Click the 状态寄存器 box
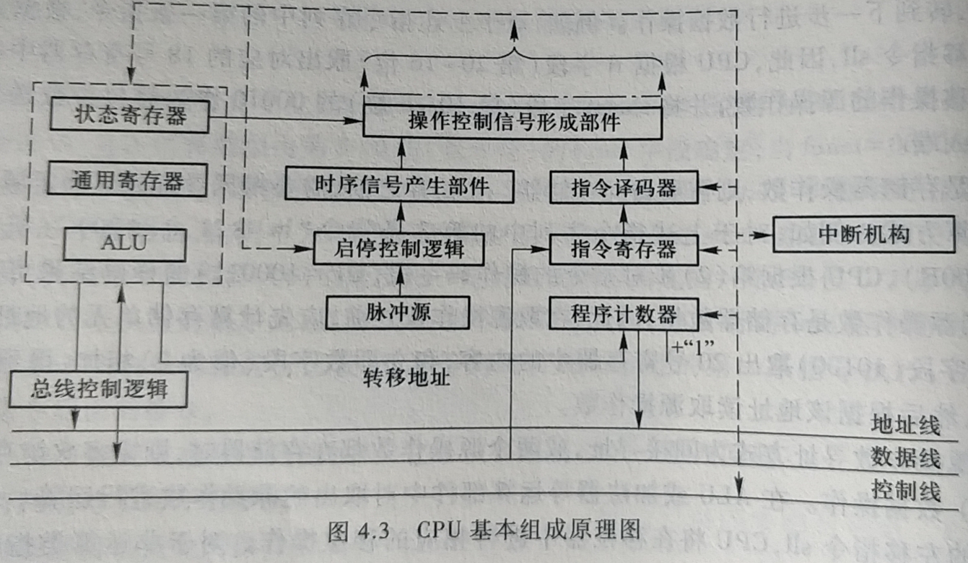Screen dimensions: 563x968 130,116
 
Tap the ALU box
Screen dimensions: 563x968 125,243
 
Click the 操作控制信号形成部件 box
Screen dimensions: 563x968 512,122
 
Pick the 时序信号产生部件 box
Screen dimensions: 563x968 398,186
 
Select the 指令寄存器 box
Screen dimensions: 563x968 624,249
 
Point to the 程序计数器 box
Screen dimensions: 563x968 624,313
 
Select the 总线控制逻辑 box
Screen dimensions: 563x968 99,390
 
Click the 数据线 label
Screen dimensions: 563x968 906,458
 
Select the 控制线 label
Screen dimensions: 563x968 906,492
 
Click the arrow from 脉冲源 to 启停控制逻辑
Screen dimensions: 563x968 398,281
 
